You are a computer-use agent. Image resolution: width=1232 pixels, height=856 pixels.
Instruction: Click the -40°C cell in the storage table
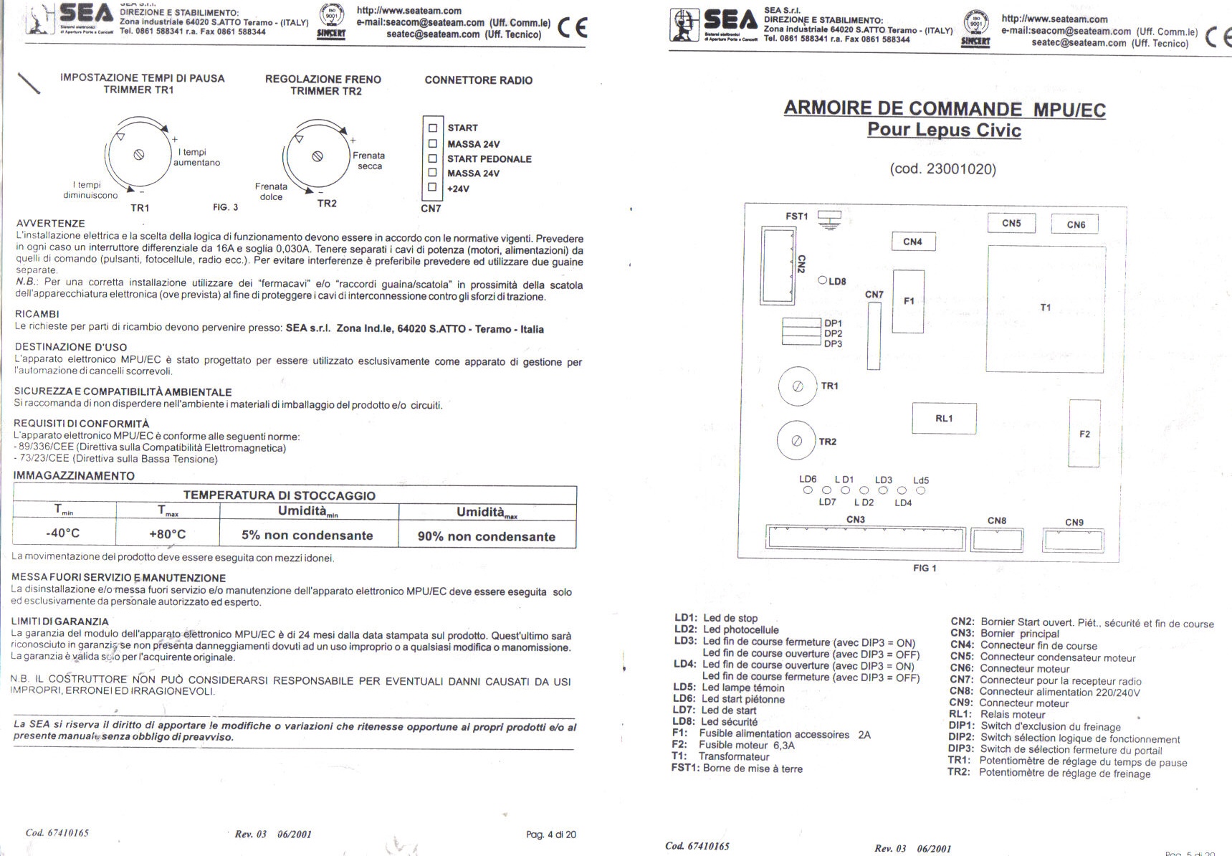(x=63, y=533)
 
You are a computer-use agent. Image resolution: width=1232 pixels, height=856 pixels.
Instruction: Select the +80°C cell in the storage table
(x=167, y=534)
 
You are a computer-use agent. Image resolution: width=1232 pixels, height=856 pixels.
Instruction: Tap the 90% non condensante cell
(x=487, y=536)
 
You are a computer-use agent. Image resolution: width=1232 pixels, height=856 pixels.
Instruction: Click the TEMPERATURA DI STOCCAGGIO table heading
(x=280, y=495)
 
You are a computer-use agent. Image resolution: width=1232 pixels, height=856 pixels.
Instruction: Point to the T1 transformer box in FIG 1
(x=1045, y=308)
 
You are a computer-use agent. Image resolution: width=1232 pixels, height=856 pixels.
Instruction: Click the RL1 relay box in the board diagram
(x=944, y=419)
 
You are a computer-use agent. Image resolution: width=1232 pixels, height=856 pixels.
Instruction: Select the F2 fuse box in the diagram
(x=1084, y=434)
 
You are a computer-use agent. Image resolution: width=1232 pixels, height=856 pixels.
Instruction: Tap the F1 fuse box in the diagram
(x=908, y=301)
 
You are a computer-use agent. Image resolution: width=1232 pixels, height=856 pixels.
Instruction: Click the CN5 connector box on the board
(x=1011, y=224)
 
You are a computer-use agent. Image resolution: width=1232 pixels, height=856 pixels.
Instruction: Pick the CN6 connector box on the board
(x=1075, y=224)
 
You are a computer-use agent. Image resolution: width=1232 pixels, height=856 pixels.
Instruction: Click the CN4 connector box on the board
(x=913, y=242)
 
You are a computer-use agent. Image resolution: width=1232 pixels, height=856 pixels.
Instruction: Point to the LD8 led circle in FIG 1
(x=823, y=281)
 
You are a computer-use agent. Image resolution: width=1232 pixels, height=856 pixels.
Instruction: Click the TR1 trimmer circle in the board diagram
(x=797, y=386)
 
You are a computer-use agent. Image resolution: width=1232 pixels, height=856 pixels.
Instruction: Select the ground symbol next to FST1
(x=829, y=219)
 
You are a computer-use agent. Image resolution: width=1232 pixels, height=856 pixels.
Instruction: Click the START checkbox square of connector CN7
(x=432, y=128)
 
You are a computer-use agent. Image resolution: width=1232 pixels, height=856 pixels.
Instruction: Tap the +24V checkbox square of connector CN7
(x=432, y=188)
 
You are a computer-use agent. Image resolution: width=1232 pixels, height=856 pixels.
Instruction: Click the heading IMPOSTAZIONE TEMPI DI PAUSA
(x=142, y=78)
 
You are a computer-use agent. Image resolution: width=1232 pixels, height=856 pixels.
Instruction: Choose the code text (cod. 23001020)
(x=942, y=169)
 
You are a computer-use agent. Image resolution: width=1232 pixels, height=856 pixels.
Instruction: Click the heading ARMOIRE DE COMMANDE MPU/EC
(x=944, y=109)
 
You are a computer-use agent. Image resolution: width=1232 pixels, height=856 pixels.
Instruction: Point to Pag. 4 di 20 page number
(x=550, y=834)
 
